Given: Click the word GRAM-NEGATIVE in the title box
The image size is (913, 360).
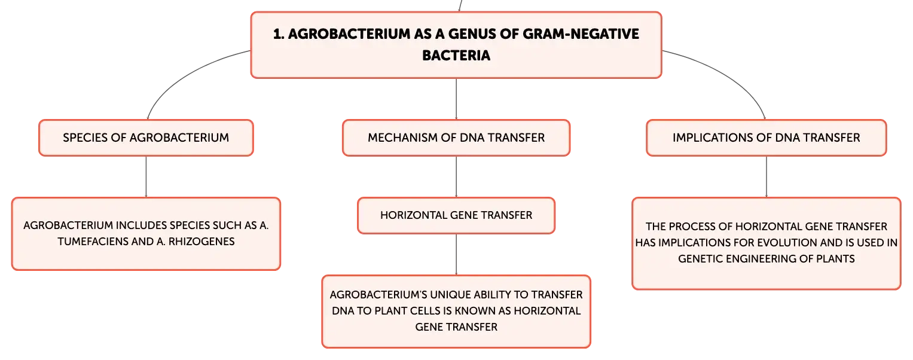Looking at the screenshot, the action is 581,34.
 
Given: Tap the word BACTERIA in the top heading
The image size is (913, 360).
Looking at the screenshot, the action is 456,56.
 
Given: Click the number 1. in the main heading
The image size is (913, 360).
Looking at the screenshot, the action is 279,34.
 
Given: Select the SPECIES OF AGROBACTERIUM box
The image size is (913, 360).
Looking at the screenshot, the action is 146,138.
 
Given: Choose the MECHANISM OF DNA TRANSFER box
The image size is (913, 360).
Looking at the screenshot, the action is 456,138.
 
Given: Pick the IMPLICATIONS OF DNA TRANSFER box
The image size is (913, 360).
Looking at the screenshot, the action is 767,138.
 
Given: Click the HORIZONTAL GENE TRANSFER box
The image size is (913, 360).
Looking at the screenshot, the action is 456,215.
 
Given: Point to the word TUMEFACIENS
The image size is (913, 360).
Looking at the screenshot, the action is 105,242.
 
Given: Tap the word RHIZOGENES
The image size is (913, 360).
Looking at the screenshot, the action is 201,242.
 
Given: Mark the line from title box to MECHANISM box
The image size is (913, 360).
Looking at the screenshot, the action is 456,99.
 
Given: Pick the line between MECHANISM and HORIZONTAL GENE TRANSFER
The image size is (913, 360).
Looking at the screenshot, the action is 456,176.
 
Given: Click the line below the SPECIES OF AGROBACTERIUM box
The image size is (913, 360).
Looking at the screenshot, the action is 146,176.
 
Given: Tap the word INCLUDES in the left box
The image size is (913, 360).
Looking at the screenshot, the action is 141,225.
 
